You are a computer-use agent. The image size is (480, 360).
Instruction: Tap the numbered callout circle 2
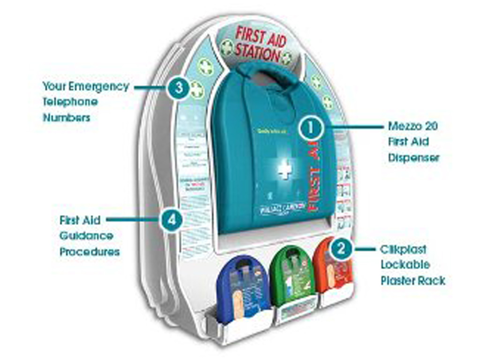pyautogui.click(x=341, y=249)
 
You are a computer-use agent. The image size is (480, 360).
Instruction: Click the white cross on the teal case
pyautogui.click(x=284, y=169)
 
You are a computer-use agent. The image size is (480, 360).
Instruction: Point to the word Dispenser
pyautogui.click(x=414, y=157)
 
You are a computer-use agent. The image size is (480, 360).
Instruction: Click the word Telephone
pyautogui.click(x=70, y=102)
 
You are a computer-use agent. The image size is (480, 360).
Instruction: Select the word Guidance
pyautogui.click(x=86, y=235)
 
